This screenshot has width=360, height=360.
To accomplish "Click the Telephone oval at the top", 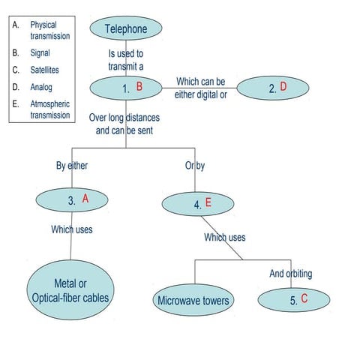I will click(126, 29).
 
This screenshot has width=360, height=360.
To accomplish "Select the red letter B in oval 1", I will click(139, 87).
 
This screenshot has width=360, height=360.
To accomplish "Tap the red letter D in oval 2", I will click(283, 87).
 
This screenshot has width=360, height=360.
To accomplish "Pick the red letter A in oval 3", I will click(85, 199).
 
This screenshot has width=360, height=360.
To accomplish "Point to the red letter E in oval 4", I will click(208, 202).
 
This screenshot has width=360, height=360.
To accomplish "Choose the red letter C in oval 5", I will click(304, 298).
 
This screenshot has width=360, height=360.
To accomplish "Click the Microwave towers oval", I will click(193, 301).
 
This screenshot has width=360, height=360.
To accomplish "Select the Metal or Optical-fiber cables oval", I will click(70, 291).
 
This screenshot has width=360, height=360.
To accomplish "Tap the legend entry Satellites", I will click(44, 70).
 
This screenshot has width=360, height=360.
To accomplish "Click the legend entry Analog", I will click(41, 87).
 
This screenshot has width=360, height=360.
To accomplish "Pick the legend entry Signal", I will click(40, 54).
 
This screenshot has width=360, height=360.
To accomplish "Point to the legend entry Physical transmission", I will click(49, 30).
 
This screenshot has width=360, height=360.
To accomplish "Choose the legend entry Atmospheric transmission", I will click(49, 109).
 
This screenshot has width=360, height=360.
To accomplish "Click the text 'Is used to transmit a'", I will click(126, 59).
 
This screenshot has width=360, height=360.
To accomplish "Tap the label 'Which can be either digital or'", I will click(200, 87).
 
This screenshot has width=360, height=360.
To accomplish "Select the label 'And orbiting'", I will click(290, 274).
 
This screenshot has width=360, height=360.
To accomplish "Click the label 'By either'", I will click(72, 166).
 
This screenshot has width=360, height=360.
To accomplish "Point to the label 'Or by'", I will click(194, 166).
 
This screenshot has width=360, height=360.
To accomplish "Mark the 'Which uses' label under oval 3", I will click(72, 229).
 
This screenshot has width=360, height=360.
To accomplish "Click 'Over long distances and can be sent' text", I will click(125, 123).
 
